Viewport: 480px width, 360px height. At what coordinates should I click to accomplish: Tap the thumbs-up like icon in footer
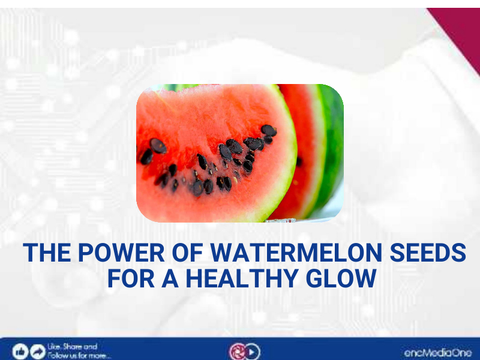tap(20, 351)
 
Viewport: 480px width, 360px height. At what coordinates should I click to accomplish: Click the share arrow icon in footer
tap(37, 351)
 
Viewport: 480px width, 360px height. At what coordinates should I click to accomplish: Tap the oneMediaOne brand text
tap(437, 353)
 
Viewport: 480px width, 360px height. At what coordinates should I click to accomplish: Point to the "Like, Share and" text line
tap(72, 347)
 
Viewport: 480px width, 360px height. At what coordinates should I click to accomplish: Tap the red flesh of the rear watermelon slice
tap(303, 132)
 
